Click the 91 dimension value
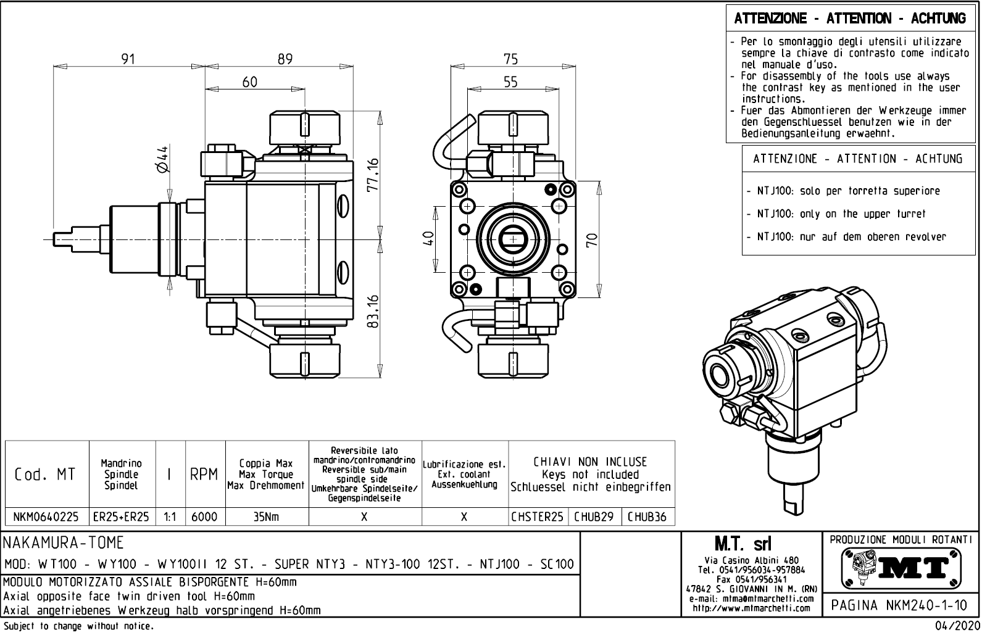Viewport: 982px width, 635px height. click(x=128, y=59)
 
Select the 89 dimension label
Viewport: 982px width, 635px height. click(x=285, y=59)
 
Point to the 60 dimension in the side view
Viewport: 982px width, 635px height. click(x=249, y=82)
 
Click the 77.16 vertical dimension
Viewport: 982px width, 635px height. click(x=372, y=175)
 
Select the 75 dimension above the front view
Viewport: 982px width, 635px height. click(x=510, y=59)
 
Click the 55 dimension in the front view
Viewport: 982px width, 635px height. click(x=510, y=82)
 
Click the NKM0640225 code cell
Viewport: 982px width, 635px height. click(x=47, y=517)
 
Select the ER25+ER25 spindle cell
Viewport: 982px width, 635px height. click(x=122, y=517)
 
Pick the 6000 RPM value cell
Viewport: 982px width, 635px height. click(x=204, y=517)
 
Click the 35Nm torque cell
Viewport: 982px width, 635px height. click(x=266, y=517)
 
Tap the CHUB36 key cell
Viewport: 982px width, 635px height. click(x=647, y=517)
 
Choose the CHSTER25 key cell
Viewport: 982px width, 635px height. click(x=537, y=517)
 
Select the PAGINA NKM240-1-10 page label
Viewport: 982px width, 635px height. click(x=899, y=605)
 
